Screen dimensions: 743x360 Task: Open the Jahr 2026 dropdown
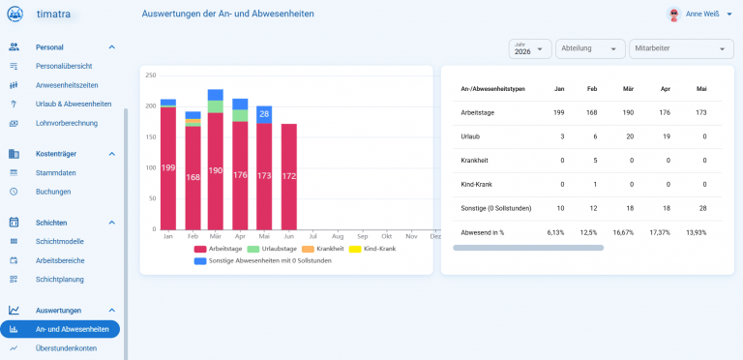530,48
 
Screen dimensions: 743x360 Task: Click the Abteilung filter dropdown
590,48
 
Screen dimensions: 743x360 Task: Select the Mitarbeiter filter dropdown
681,48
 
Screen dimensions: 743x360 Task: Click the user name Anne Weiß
702,15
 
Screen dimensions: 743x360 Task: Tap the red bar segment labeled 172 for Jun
289,177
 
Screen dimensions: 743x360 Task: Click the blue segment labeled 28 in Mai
264,114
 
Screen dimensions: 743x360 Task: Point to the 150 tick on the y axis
151,136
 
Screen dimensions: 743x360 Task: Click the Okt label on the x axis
387,235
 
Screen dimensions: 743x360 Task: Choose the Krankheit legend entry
325,249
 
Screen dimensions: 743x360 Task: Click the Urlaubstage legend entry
272,249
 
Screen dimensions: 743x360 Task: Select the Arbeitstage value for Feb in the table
591,112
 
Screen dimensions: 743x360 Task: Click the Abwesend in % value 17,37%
661,232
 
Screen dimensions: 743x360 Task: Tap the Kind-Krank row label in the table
476,184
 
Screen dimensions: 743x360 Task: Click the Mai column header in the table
701,89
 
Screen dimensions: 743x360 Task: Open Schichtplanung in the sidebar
60,280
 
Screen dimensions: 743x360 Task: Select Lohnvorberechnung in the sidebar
67,123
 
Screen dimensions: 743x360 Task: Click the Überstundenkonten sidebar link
67,348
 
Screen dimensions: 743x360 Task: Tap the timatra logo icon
15,14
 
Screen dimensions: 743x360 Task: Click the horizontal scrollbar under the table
528,248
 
